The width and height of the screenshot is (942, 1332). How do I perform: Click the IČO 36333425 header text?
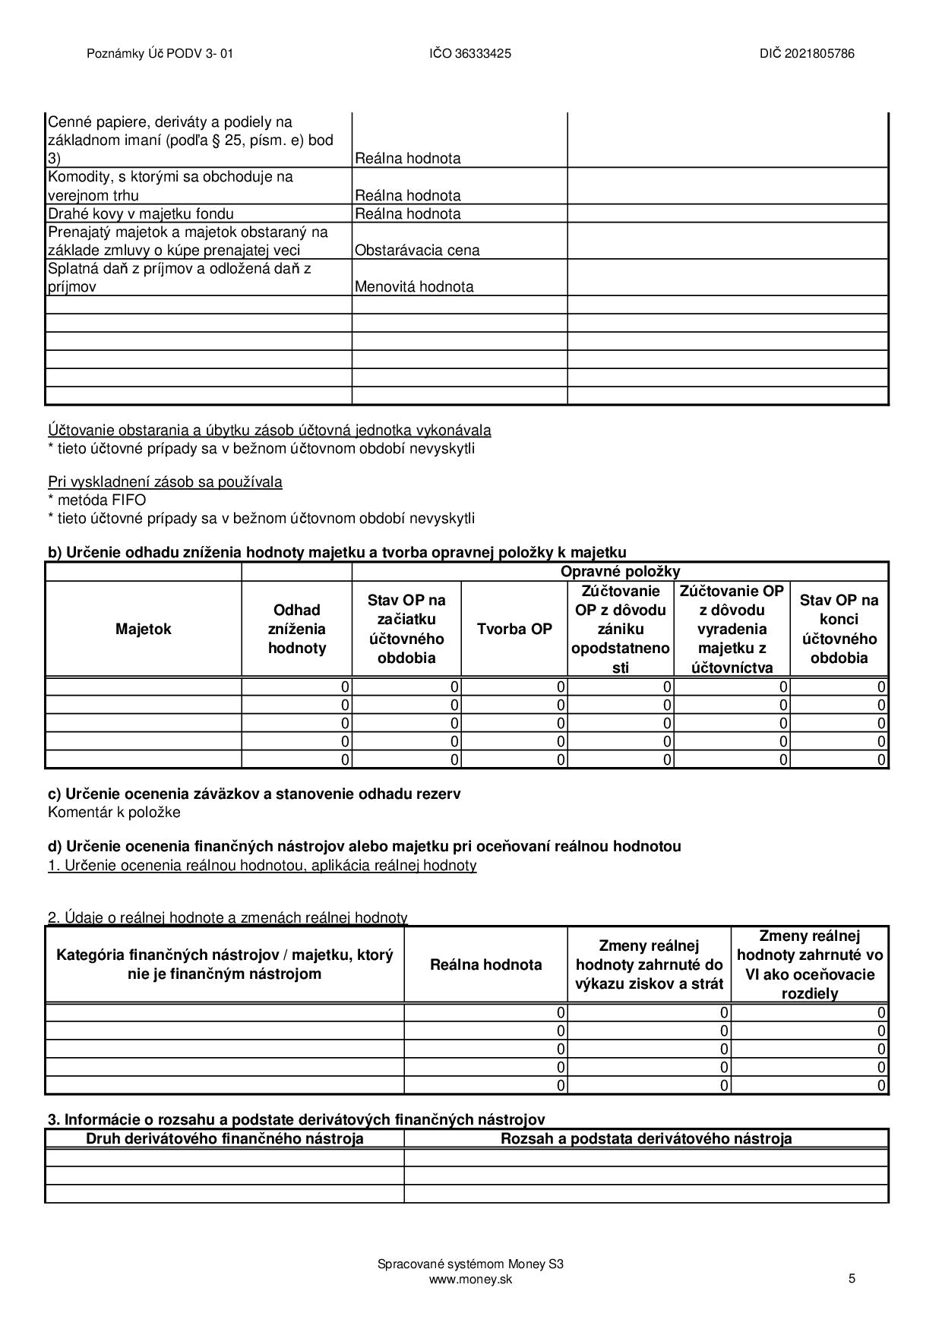click(x=469, y=53)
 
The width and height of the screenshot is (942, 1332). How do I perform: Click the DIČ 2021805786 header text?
click(x=806, y=53)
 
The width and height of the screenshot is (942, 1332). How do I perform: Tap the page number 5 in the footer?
click(x=852, y=1278)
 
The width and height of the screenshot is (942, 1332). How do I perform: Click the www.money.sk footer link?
click(x=470, y=1279)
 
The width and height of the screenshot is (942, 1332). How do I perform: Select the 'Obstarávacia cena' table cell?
click(x=417, y=250)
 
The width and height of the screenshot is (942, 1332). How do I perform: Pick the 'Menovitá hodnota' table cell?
click(x=414, y=286)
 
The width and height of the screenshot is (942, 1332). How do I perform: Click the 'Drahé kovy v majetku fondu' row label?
click(x=141, y=213)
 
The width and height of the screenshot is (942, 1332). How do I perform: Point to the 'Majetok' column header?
click(x=144, y=629)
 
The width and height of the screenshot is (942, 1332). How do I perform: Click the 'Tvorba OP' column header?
click(x=514, y=629)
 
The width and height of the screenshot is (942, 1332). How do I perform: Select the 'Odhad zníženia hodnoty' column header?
click(x=297, y=629)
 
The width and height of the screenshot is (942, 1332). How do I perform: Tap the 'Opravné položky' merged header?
click(x=620, y=571)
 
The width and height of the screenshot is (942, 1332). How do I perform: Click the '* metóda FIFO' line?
click(x=96, y=500)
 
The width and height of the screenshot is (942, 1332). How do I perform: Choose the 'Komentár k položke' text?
click(x=114, y=812)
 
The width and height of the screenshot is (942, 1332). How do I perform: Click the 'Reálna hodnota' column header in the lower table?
click(x=485, y=964)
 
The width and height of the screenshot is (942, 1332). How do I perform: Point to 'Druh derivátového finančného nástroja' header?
click(x=224, y=1138)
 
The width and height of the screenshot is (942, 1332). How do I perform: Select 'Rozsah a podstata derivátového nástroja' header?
click(x=646, y=1138)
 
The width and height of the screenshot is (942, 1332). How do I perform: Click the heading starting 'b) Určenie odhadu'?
click(x=337, y=552)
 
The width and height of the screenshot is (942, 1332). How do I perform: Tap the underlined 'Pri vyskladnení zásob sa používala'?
click(x=165, y=481)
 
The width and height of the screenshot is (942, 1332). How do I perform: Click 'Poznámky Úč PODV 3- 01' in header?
click(x=160, y=53)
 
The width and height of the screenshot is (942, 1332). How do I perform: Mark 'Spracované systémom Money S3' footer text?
click(x=470, y=1264)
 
